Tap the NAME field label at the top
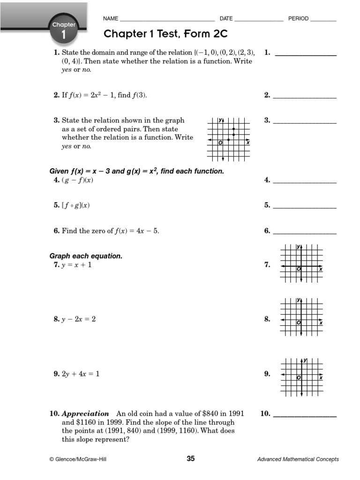111,19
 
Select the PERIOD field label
298,19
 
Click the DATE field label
226,19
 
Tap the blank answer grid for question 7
301,263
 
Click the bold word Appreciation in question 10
85,414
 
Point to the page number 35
190,459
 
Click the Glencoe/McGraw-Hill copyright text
78,459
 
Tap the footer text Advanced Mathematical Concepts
298,459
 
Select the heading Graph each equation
86,256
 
